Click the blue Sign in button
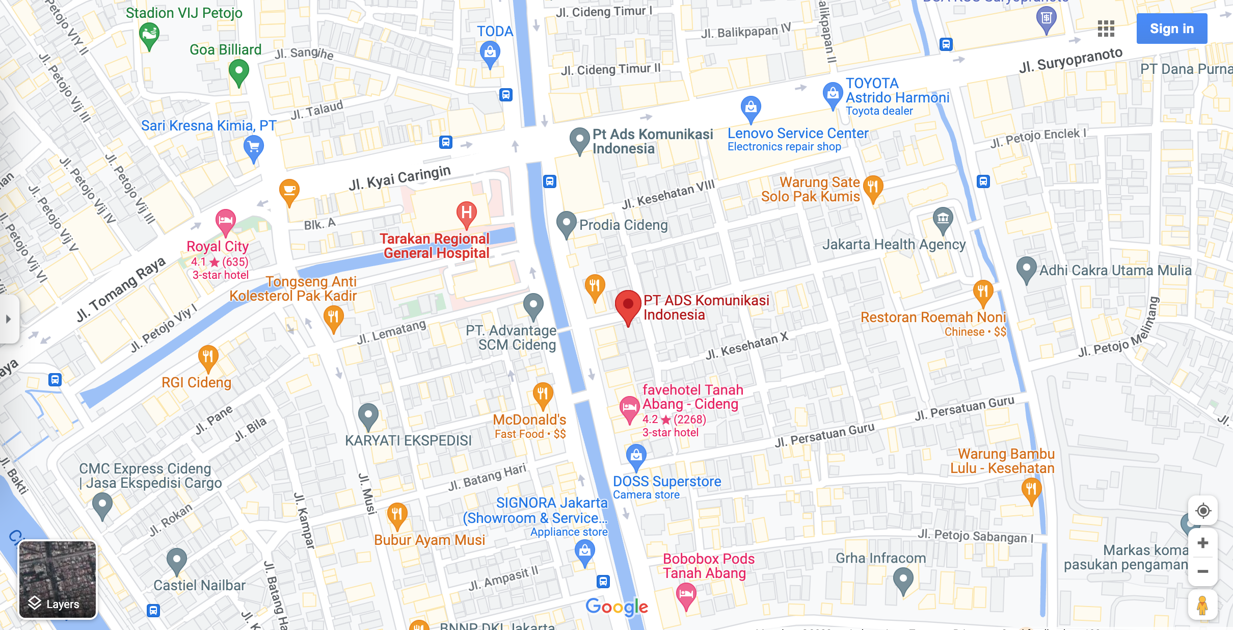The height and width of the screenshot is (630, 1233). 1171,29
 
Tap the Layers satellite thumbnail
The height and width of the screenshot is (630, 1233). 58,580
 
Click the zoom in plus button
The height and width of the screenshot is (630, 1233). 1202,543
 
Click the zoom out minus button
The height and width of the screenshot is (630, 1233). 1202,571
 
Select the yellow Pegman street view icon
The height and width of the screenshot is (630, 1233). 1202,605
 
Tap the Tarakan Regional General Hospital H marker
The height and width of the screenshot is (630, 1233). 466,213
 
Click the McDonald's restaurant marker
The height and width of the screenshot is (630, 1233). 543,395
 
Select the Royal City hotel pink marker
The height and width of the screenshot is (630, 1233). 225,221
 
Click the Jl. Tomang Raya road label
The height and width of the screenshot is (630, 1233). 121,289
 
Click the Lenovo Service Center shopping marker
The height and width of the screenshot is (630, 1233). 750,108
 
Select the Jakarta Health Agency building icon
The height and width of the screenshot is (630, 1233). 943,219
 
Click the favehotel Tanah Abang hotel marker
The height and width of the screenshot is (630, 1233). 629,408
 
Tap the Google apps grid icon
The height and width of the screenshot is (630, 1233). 1106,29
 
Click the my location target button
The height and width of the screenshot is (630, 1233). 1202,511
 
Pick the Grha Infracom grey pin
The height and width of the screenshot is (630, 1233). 903,580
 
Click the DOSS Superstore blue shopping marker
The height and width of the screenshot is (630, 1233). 636,455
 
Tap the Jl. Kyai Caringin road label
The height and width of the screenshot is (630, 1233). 399,178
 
